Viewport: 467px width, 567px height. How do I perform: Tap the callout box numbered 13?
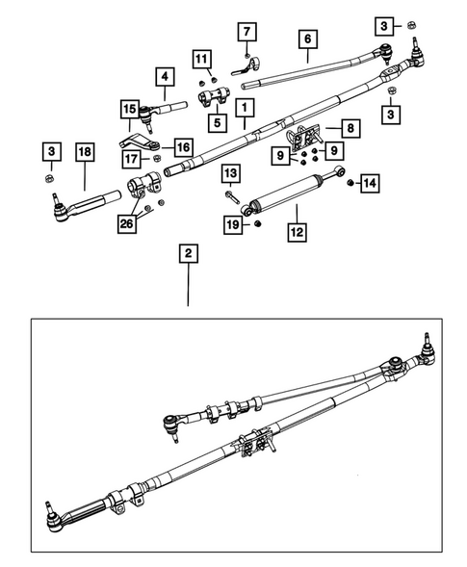(231, 173)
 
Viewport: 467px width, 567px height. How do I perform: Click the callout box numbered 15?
(128, 110)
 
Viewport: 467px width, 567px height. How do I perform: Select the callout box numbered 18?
(84, 152)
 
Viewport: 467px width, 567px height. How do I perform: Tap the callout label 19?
(231, 224)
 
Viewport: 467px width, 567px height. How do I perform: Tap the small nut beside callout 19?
(258, 224)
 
